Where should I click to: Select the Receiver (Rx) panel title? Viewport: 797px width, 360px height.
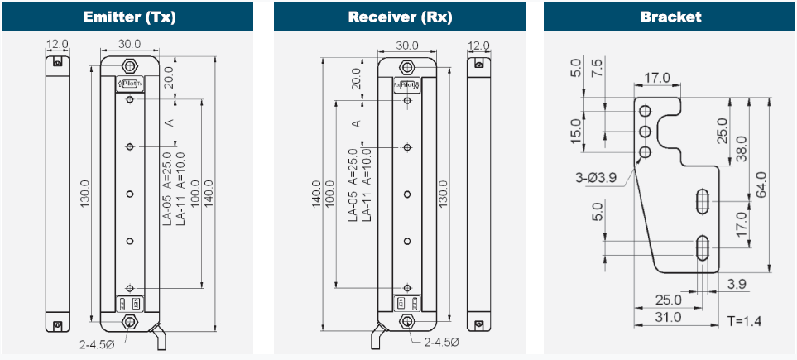point(400,17)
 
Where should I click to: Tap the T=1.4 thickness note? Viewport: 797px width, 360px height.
point(745,319)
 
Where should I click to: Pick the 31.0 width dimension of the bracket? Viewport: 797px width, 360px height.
point(667,317)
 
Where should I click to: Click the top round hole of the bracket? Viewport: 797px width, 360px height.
point(646,111)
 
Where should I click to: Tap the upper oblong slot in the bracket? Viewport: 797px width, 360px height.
point(702,199)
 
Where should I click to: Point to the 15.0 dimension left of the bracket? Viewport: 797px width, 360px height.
point(577,131)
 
